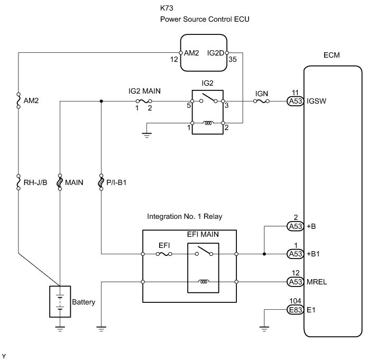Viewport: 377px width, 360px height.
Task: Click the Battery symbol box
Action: [x=60, y=301]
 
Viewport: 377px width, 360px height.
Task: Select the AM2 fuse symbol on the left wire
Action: [x=19, y=99]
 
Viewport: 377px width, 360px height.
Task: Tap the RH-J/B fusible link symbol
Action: [x=19, y=183]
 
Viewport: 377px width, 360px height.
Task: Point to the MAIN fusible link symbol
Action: [x=60, y=183]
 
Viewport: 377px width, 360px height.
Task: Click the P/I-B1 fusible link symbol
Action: [x=102, y=183]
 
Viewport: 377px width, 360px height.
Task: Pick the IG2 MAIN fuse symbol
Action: [x=143, y=100]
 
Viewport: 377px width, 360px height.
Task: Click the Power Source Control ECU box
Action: [x=203, y=52]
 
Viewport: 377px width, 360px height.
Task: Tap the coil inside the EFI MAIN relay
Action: [x=203, y=282]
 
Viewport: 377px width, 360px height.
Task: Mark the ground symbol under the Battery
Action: [x=60, y=329]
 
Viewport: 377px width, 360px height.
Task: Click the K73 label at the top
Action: [x=167, y=9]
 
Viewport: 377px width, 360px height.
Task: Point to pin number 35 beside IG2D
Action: [x=233, y=60]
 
